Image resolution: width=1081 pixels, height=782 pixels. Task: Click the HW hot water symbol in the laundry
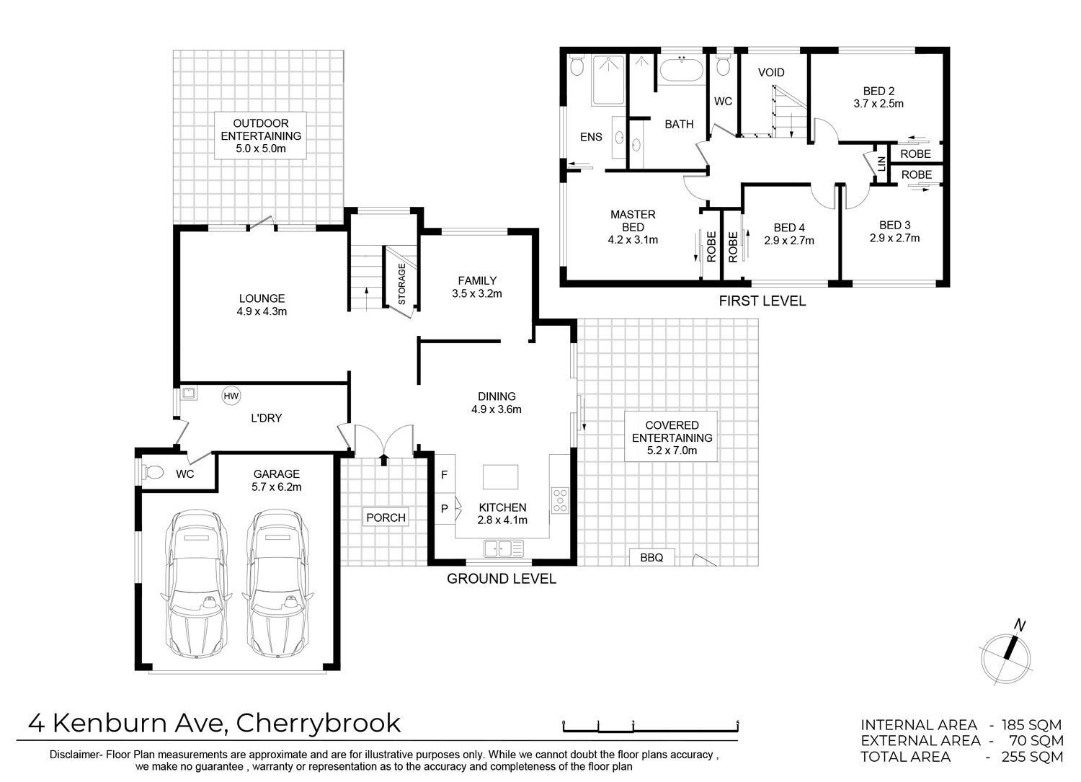pos(231,396)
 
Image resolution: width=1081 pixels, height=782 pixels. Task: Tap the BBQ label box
pos(651,558)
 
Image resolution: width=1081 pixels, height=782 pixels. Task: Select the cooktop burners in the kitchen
pos(560,501)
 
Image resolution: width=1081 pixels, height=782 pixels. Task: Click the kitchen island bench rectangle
pos(500,477)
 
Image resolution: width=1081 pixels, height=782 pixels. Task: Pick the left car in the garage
pos(196,584)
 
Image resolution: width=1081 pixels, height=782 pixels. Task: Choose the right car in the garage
pos(277,584)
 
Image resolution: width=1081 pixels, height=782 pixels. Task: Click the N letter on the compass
pos(1020,625)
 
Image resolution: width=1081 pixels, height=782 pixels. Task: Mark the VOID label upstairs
pos(771,72)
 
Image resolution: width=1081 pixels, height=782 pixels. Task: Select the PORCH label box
pos(386,517)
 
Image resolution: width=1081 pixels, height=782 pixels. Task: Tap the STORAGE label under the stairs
pos(401,284)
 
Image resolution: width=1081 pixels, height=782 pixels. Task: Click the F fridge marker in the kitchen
pos(445,475)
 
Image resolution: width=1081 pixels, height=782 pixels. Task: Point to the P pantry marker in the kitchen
pos(445,508)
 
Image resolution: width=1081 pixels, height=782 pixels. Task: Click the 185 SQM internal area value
pos(1032,725)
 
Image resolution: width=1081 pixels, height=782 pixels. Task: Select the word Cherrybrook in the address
pos(319,723)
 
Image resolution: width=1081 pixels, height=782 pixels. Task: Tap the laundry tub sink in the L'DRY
pos(188,393)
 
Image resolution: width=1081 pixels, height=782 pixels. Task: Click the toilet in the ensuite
pos(577,66)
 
